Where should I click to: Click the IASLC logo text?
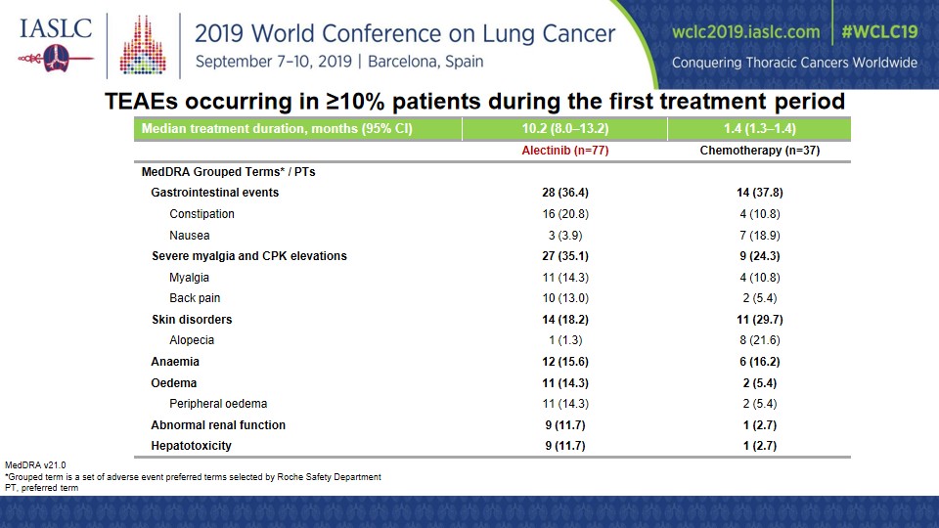(56, 28)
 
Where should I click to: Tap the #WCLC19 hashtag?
(879, 31)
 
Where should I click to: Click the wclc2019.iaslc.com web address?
(745, 31)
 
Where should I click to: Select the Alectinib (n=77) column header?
(564, 151)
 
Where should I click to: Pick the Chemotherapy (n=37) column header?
(759, 151)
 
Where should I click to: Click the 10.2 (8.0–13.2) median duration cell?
(564, 128)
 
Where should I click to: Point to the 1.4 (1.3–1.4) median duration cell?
(759, 128)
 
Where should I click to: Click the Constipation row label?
(201, 214)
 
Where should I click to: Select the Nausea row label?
(189, 236)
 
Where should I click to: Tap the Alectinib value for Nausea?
(564, 236)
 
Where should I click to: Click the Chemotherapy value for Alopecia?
(759, 340)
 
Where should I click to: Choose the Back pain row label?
(195, 298)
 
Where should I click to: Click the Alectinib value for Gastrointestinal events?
(564, 193)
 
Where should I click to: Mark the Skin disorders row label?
(192, 319)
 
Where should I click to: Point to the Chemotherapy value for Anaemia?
(759, 362)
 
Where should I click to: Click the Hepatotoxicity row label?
(191, 446)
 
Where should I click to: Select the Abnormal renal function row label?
(218, 425)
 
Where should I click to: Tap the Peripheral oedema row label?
(218, 404)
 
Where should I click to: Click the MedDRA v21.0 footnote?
(35, 465)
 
